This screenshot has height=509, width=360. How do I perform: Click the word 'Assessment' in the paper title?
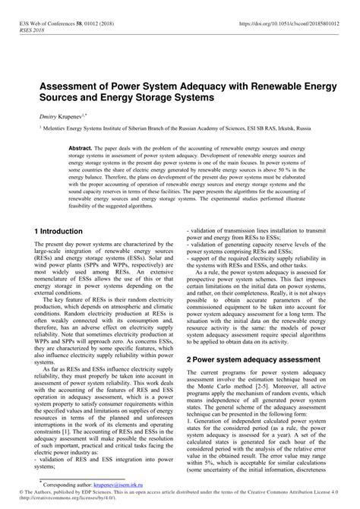(75, 87)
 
